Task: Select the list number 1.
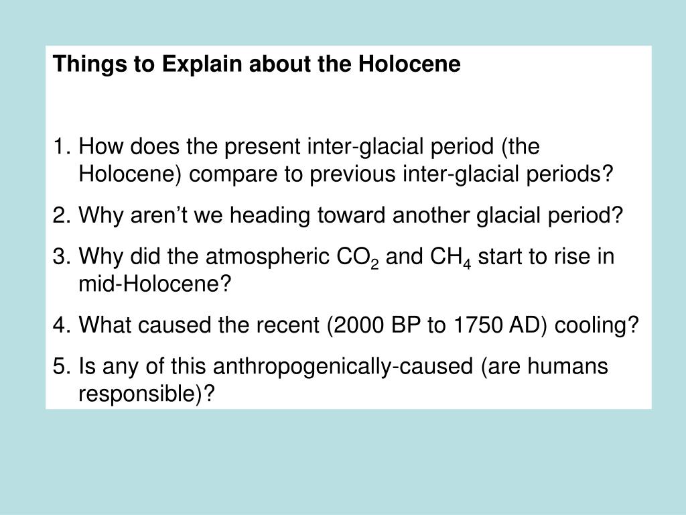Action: point(60,147)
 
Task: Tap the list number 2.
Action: point(60,216)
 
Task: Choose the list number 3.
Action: point(60,257)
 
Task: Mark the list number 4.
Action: point(60,327)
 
